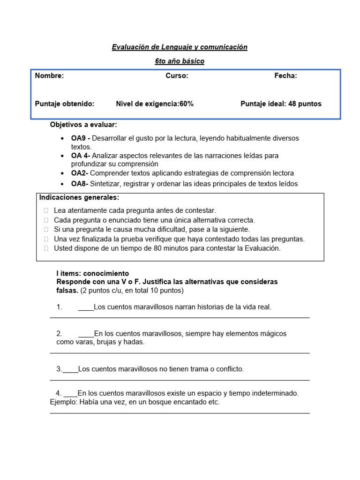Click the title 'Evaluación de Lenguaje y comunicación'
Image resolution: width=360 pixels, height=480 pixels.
[x=180, y=47]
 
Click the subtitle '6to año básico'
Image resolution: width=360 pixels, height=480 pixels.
[x=180, y=61]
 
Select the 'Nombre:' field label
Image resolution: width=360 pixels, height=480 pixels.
[x=50, y=76]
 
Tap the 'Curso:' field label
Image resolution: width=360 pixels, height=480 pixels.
[x=177, y=76]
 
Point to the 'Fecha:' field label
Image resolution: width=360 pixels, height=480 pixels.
[x=285, y=76]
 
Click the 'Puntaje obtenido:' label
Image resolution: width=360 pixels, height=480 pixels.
[x=65, y=104]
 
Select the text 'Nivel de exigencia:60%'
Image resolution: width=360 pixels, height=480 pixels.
[x=155, y=104]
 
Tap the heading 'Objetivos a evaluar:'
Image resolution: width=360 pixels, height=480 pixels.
[x=83, y=125]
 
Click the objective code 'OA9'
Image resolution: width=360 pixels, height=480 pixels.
[x=78, y=138]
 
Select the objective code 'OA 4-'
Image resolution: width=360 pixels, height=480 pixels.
[x=81, y=155]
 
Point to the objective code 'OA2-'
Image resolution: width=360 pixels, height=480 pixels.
[x=79, y=172]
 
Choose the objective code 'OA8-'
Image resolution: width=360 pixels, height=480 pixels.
[x=79, y=184]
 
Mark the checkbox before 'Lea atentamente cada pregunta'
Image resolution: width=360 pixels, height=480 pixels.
[x=46, y=211]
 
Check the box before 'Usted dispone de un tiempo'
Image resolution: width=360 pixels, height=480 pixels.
[x=46, y=249]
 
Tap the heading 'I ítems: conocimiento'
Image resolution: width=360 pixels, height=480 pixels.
[x=92, y=273]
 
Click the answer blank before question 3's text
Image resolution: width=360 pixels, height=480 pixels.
[x=70, y=369]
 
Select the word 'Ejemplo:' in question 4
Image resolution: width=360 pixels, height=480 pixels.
[x=64, y=402]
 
